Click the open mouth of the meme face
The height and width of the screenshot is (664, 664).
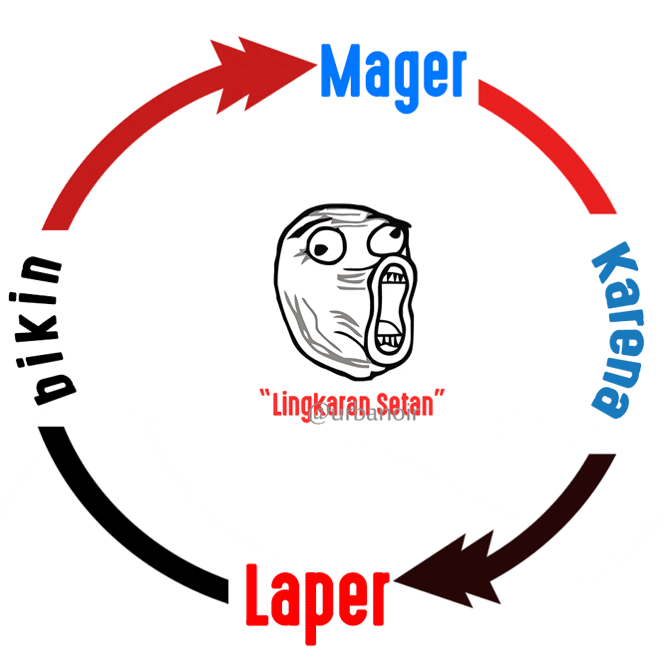pyautogui.click(x=390, y=304)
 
